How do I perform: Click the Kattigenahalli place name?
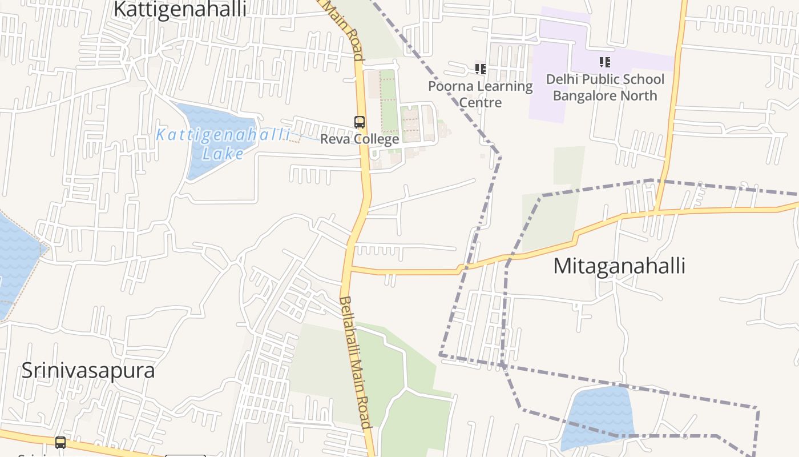point(180,10)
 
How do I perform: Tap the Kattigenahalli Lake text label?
point(223,144)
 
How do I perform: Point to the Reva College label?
point(359,139)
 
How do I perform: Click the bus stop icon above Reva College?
point(360,122)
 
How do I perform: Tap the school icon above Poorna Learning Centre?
point(481,69)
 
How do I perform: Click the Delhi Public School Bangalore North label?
point(605,87)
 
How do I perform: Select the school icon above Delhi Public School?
point(605,62)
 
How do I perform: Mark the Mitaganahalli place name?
point(619,266)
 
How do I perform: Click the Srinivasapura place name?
point(88,371)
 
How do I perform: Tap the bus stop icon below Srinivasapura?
point(60,443)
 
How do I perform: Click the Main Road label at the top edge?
point(346,29)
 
